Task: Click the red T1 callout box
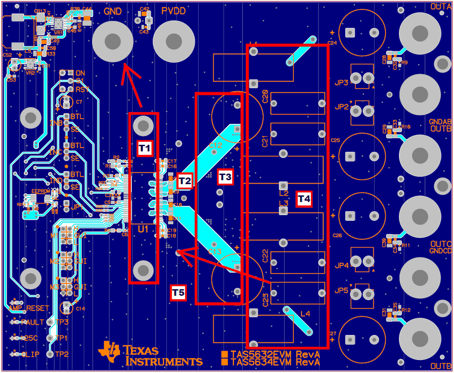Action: pos(145,148)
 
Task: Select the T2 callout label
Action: pos(185,181)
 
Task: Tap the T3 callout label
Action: pos(225,177)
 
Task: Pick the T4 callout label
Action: pos(304,199)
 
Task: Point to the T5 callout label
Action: pos(178,293)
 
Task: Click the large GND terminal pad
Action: pos(113,42)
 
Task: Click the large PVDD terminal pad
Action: pos(174,42)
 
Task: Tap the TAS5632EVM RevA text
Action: pos(275,354)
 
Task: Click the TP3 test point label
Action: pos(62,322)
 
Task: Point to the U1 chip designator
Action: pos(143,229)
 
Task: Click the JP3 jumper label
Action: pos(341,83)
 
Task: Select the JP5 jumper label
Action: pos(341,290)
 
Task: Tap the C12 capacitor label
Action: pos(216,145)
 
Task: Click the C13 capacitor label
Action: pos(215,252)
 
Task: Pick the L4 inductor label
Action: pos(305,314)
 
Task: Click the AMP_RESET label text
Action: pos(29,308)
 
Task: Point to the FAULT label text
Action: pos(32,323)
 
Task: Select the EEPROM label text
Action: pos(41,191)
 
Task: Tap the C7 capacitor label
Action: pos(79,102)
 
